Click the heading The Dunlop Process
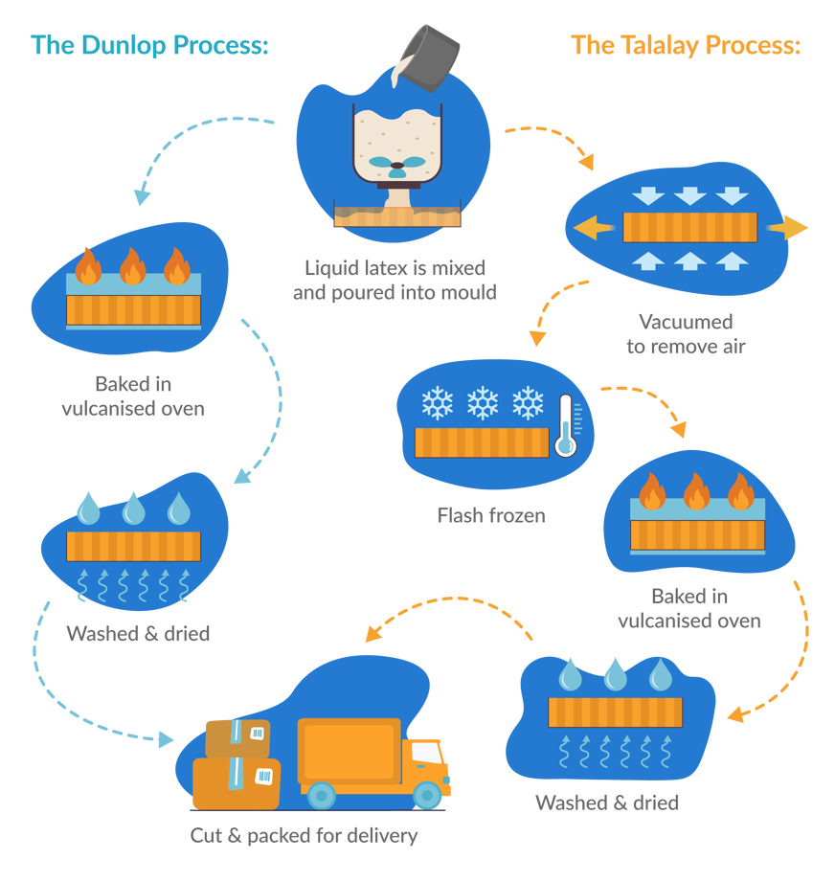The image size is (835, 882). tap(150, 45)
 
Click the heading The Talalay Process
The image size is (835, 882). tap(686, 45)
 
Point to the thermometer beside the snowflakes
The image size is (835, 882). tap(566, 424)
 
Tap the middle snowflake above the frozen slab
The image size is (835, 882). tap(483, 403)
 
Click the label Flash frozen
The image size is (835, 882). tap(490, 515)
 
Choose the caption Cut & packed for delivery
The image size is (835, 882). tap(305, 836)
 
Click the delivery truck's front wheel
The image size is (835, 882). tap(428, 794)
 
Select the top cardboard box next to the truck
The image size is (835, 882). tap(238, 737)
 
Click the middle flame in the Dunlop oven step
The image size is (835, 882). tap(132, 267)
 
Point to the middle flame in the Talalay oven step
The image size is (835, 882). tap(696, 492)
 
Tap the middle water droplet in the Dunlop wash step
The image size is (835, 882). tap(133, 508)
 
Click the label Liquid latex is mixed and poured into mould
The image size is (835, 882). tap(395, 280)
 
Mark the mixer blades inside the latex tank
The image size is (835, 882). tap(396, 164)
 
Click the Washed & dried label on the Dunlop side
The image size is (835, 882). tap(138, 634)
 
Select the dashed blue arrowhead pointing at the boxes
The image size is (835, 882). tap(167, 739)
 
